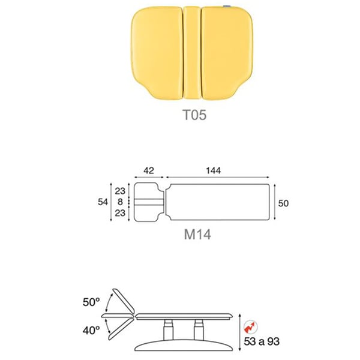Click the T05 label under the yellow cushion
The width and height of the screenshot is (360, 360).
[x=194, y=115]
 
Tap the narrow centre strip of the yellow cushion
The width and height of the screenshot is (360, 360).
[x=193, y=53]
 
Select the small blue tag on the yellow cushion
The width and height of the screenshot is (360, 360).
[x=227, y=7]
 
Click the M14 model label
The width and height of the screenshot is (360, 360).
[x=197, y=235]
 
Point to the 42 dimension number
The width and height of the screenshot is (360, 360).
[x=149, y=170]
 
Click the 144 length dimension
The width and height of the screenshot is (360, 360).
[x=213, y=170]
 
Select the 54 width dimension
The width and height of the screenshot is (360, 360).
[x=103, y=202]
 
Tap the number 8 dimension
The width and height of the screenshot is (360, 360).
[x=120, y=202]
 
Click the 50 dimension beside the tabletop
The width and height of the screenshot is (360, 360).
[x=283, y=203]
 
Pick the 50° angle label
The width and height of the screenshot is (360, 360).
[x=91, y=302]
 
